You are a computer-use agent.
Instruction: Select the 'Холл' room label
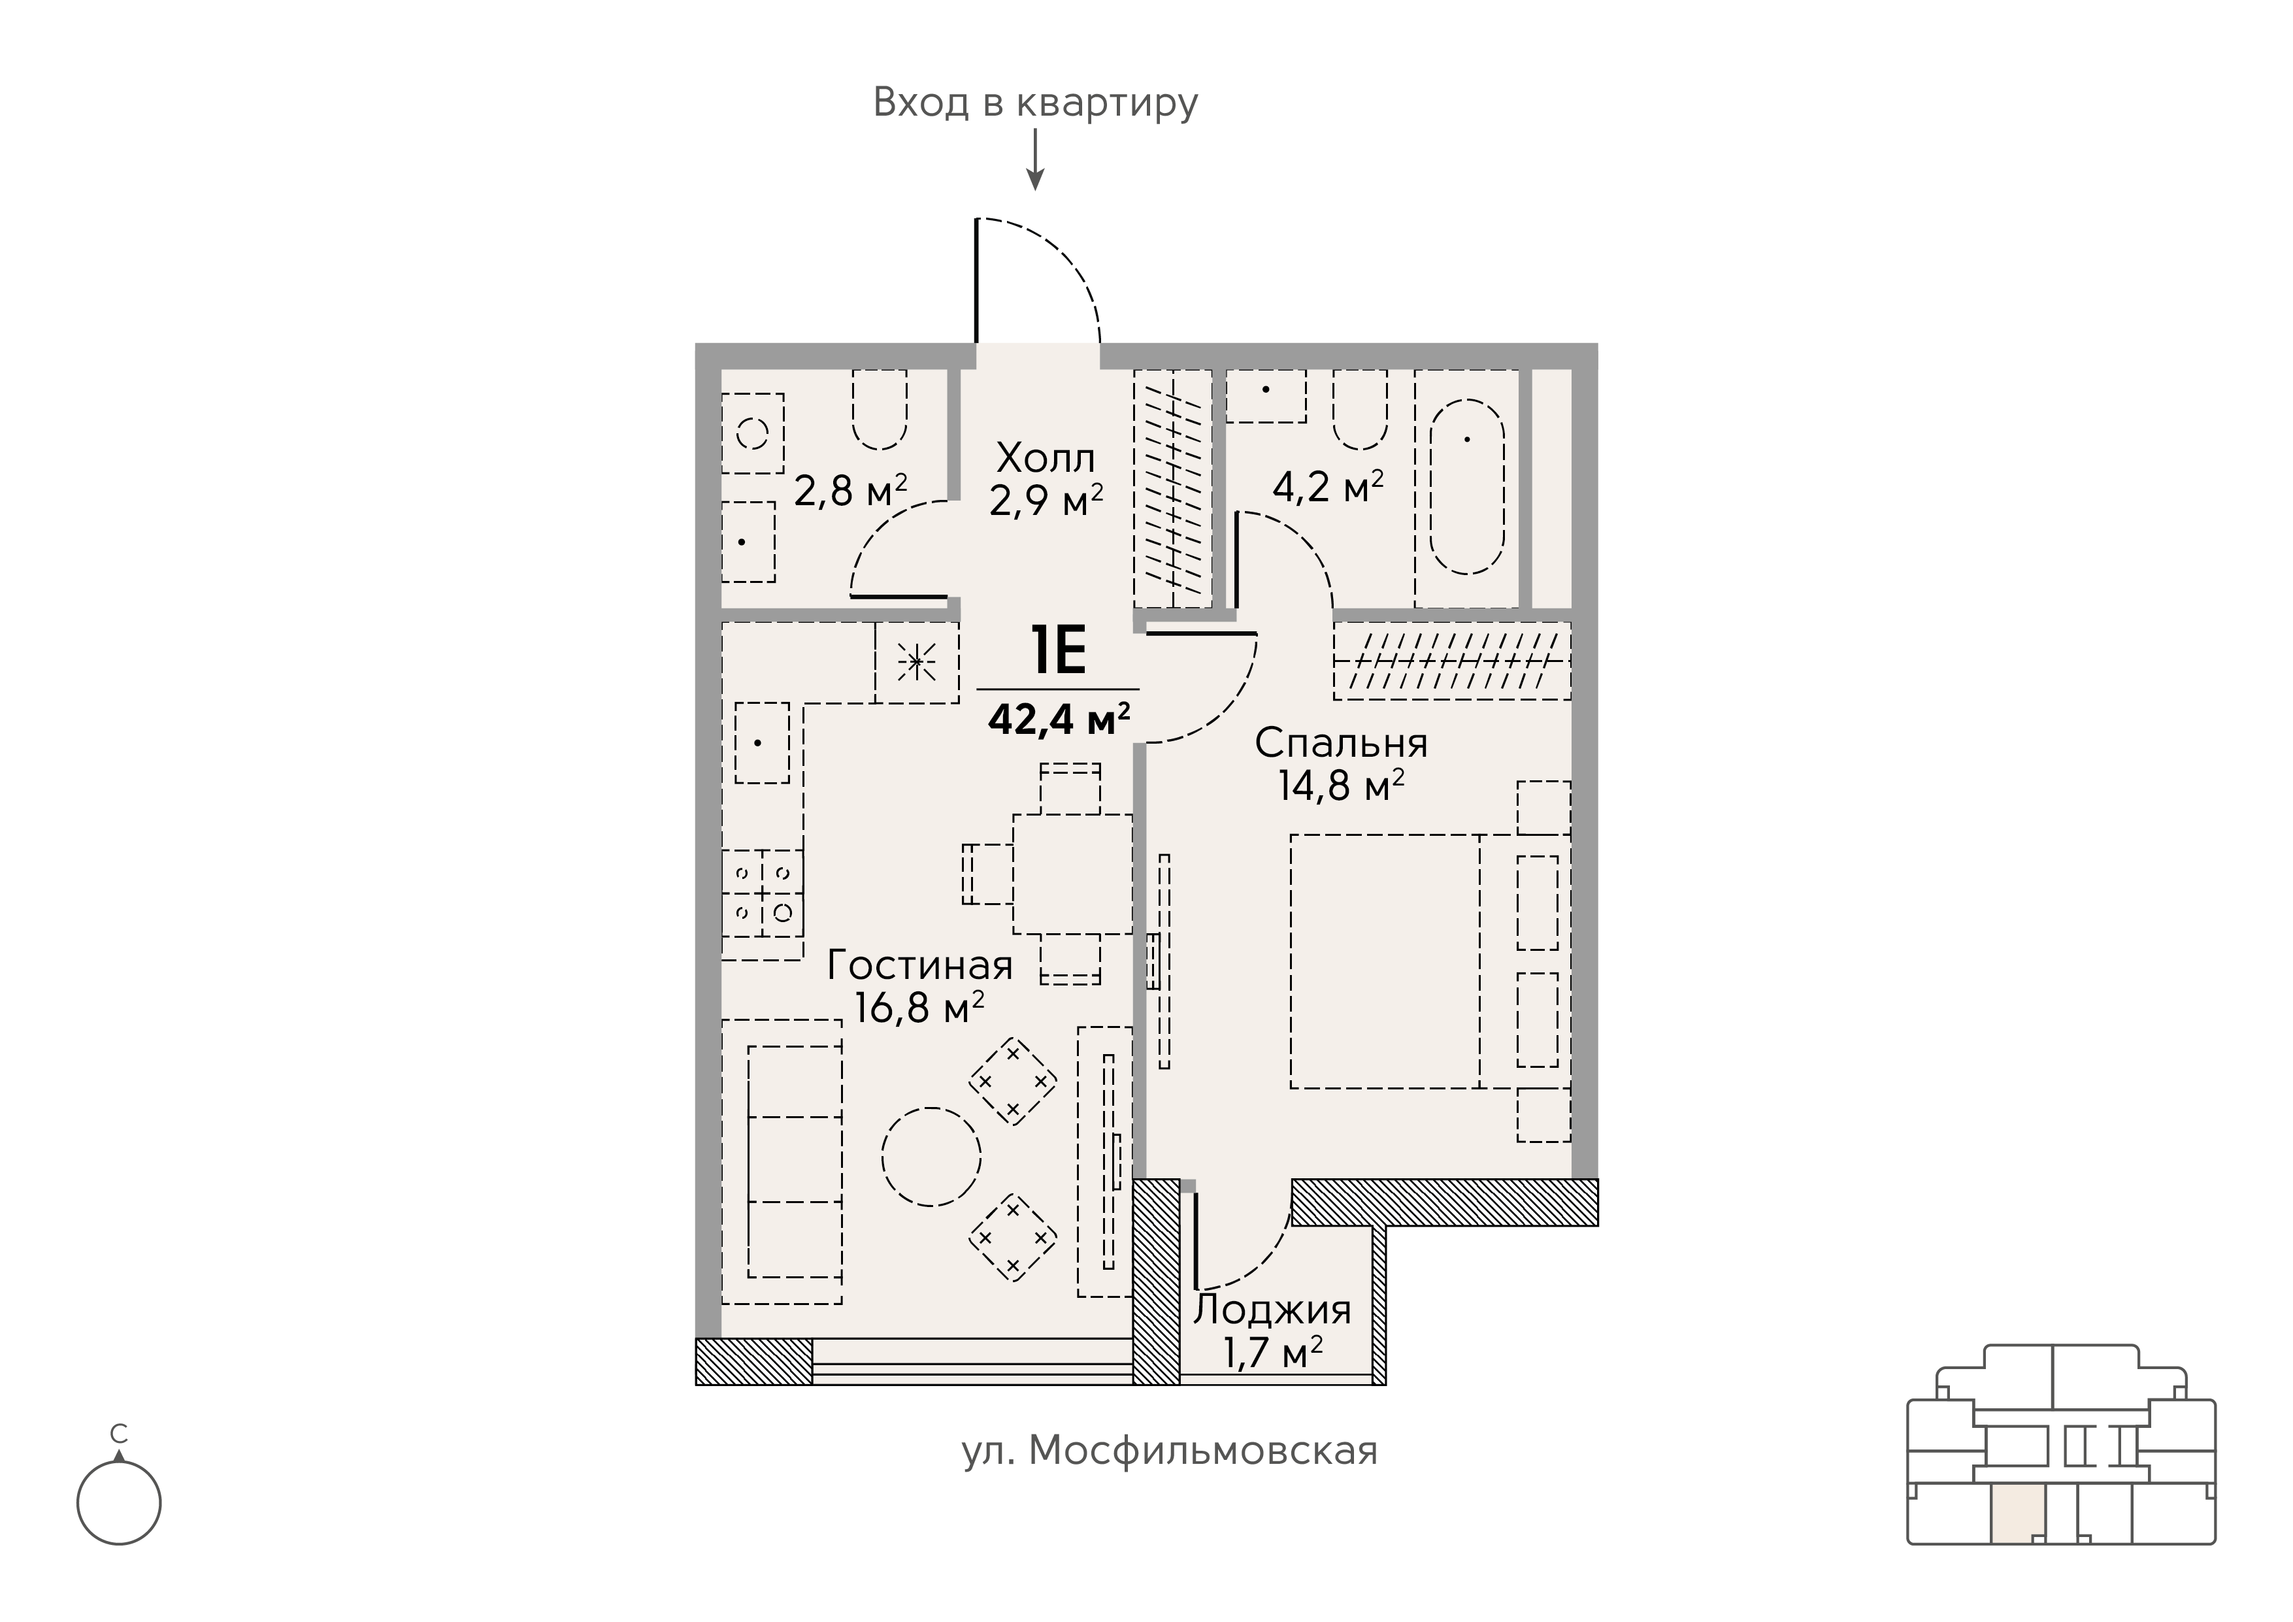(x=1046, y=459)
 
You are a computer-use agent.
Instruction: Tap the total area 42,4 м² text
(x=1059, y=718)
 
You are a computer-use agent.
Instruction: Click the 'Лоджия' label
(x=1272, y=1310)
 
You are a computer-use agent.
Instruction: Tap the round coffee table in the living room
(x=931, y=1157)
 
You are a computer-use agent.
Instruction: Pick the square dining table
(x=1072, y=874)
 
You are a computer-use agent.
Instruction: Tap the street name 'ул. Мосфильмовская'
(x=1170, y=1450)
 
